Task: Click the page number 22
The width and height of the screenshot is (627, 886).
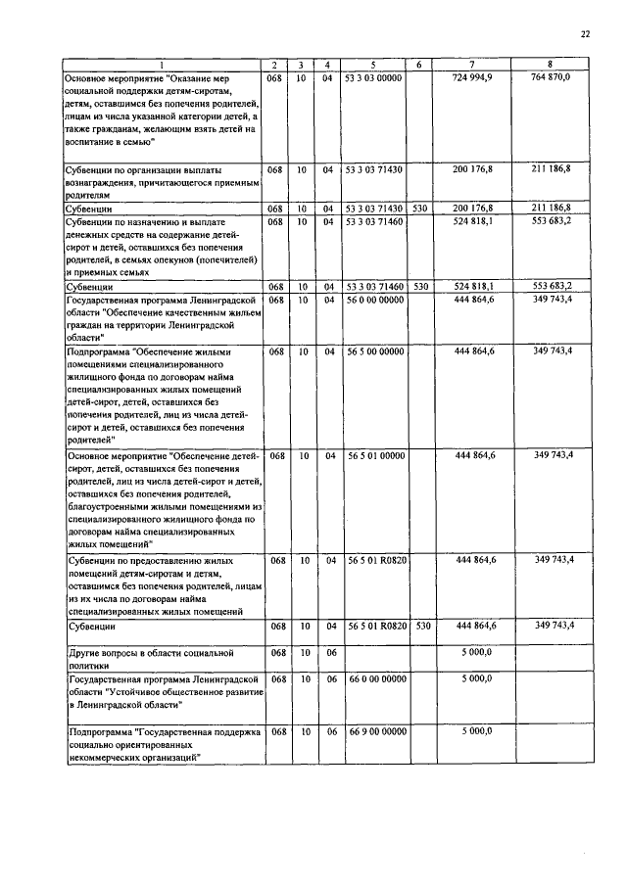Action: (586, 34)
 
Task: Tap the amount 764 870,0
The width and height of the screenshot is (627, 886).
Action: (551, 76)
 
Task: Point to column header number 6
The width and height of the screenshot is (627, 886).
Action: (418, 65)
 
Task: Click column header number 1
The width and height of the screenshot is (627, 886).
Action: (163, 65)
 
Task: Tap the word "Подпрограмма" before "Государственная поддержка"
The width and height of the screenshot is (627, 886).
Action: (100, 731)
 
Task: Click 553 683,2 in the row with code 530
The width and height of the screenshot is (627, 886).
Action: (551, 286)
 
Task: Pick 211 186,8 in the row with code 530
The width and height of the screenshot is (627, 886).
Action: (551, 209)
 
